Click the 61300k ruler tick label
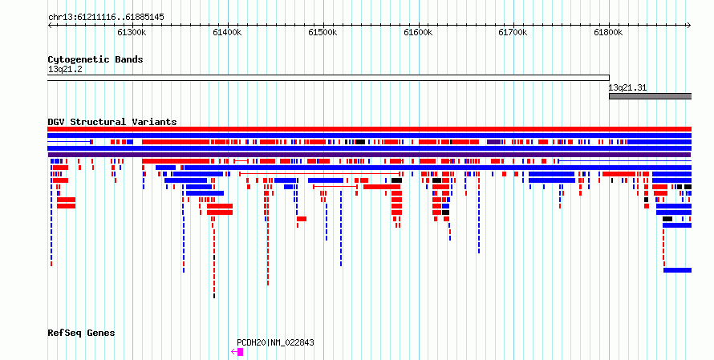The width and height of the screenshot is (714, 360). pyautogui.click(x=132, y=32)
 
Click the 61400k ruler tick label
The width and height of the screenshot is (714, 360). pyautogui.click(x=227, y=32)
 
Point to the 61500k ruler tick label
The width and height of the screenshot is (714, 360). pyautogui.click(x=323, y=32)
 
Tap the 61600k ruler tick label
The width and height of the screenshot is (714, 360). pyautogui.click(x=418, y=32)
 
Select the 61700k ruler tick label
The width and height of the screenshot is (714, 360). pyautogui.click(x=513, y=32)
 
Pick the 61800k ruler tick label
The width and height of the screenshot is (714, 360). pyautogui.click(x=608, y=32)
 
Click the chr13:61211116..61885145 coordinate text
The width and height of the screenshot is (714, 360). pyautogui.click(x=106, y=18)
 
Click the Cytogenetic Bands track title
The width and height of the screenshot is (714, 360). pyautogui.click(x=95, y=59)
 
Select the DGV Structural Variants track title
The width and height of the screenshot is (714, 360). pyautogui.click(x=112, y=122)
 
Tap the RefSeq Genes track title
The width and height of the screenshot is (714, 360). pyautogui.click(x=81, y=334)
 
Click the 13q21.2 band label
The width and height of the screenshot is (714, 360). pyautogui.click(x=65, y=70)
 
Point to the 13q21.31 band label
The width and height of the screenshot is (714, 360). pyautogui.click(x=627, y=88)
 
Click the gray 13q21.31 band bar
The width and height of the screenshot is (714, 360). pyautogui.click(x=651, y=96)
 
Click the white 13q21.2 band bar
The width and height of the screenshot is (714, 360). pyautogui.click(x=328, y=78)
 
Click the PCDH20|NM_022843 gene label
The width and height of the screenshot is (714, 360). pyautogui.click(x=275, y=342)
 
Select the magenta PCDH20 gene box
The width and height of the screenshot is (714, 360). pyautogui.click(x=240, y=352)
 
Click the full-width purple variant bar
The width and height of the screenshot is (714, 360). pyautogui.click(x=369, y=155)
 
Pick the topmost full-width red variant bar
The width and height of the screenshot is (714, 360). pyautogui.click(x=369, y=129)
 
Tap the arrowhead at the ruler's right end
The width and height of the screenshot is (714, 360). pyautogui.click(x=689, y=26)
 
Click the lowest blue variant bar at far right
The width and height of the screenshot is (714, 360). pyautogui.click(x=678, y=270)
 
